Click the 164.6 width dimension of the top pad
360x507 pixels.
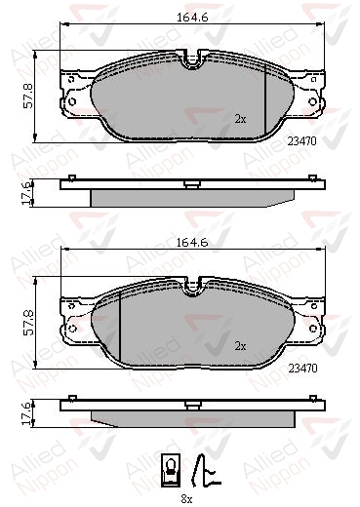tap(192, 18)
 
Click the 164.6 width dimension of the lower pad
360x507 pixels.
tap(192, 243)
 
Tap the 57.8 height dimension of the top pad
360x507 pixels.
tap(27, 96)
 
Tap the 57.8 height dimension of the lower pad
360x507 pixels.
tap(28, 323)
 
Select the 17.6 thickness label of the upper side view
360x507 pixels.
tap(26, 193)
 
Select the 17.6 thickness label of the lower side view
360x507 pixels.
tap(26, 413)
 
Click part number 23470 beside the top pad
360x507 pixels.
tap(301, 141)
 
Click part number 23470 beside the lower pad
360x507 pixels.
tap(302, 369)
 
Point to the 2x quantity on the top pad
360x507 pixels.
tap(240, 119)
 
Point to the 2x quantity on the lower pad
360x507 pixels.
tap(240, 346)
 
